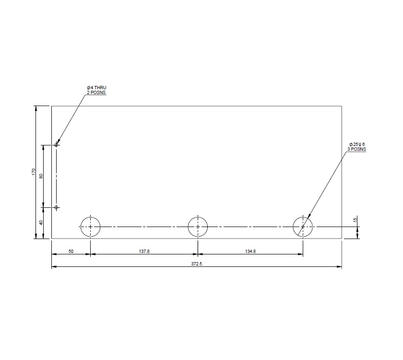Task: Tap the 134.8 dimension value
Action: click(x=250, y=251)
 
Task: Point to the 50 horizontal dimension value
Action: click(x=71, y=251)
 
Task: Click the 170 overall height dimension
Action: click(x=34, y=171)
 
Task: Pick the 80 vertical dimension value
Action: click(x=41, y=176)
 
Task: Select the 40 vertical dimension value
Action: click(x=41, y=222)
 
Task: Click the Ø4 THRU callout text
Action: click(x=96, y=87)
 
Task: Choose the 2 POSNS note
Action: click(x=96, y=92)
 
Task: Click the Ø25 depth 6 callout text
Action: click(x=357, y=144)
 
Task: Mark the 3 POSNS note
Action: click(x=357, y=149)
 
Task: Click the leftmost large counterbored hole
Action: click(x=90, y=227)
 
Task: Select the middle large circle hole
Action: click(x=198, y=227)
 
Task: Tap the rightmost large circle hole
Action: click(x=303, y=227)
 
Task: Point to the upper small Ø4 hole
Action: click(x=56, y=144)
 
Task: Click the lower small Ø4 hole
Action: click(x=56, y=207)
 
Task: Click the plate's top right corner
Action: click(x=342, y=106)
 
